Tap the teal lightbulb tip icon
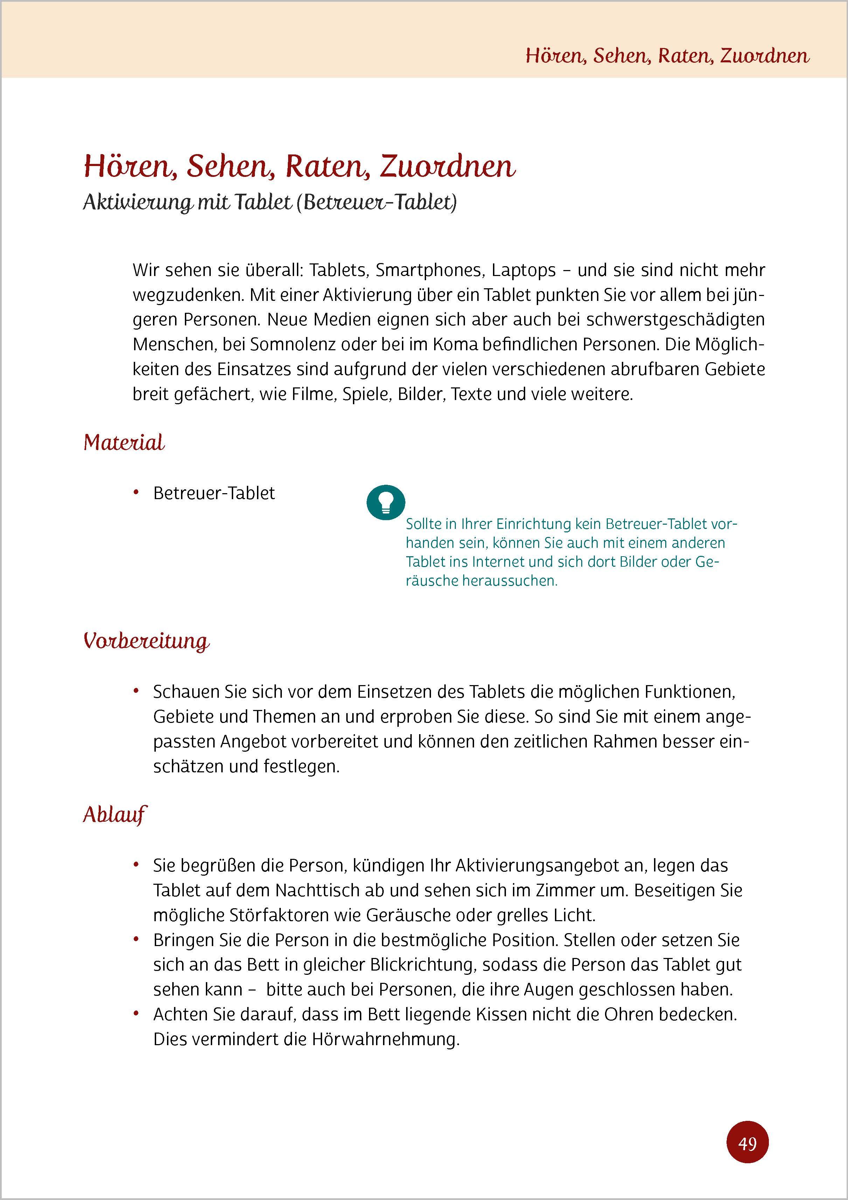tap(385, 502)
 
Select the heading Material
tap(124, 443)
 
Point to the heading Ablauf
tap(114, 815)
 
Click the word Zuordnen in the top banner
tap(764, 55)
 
